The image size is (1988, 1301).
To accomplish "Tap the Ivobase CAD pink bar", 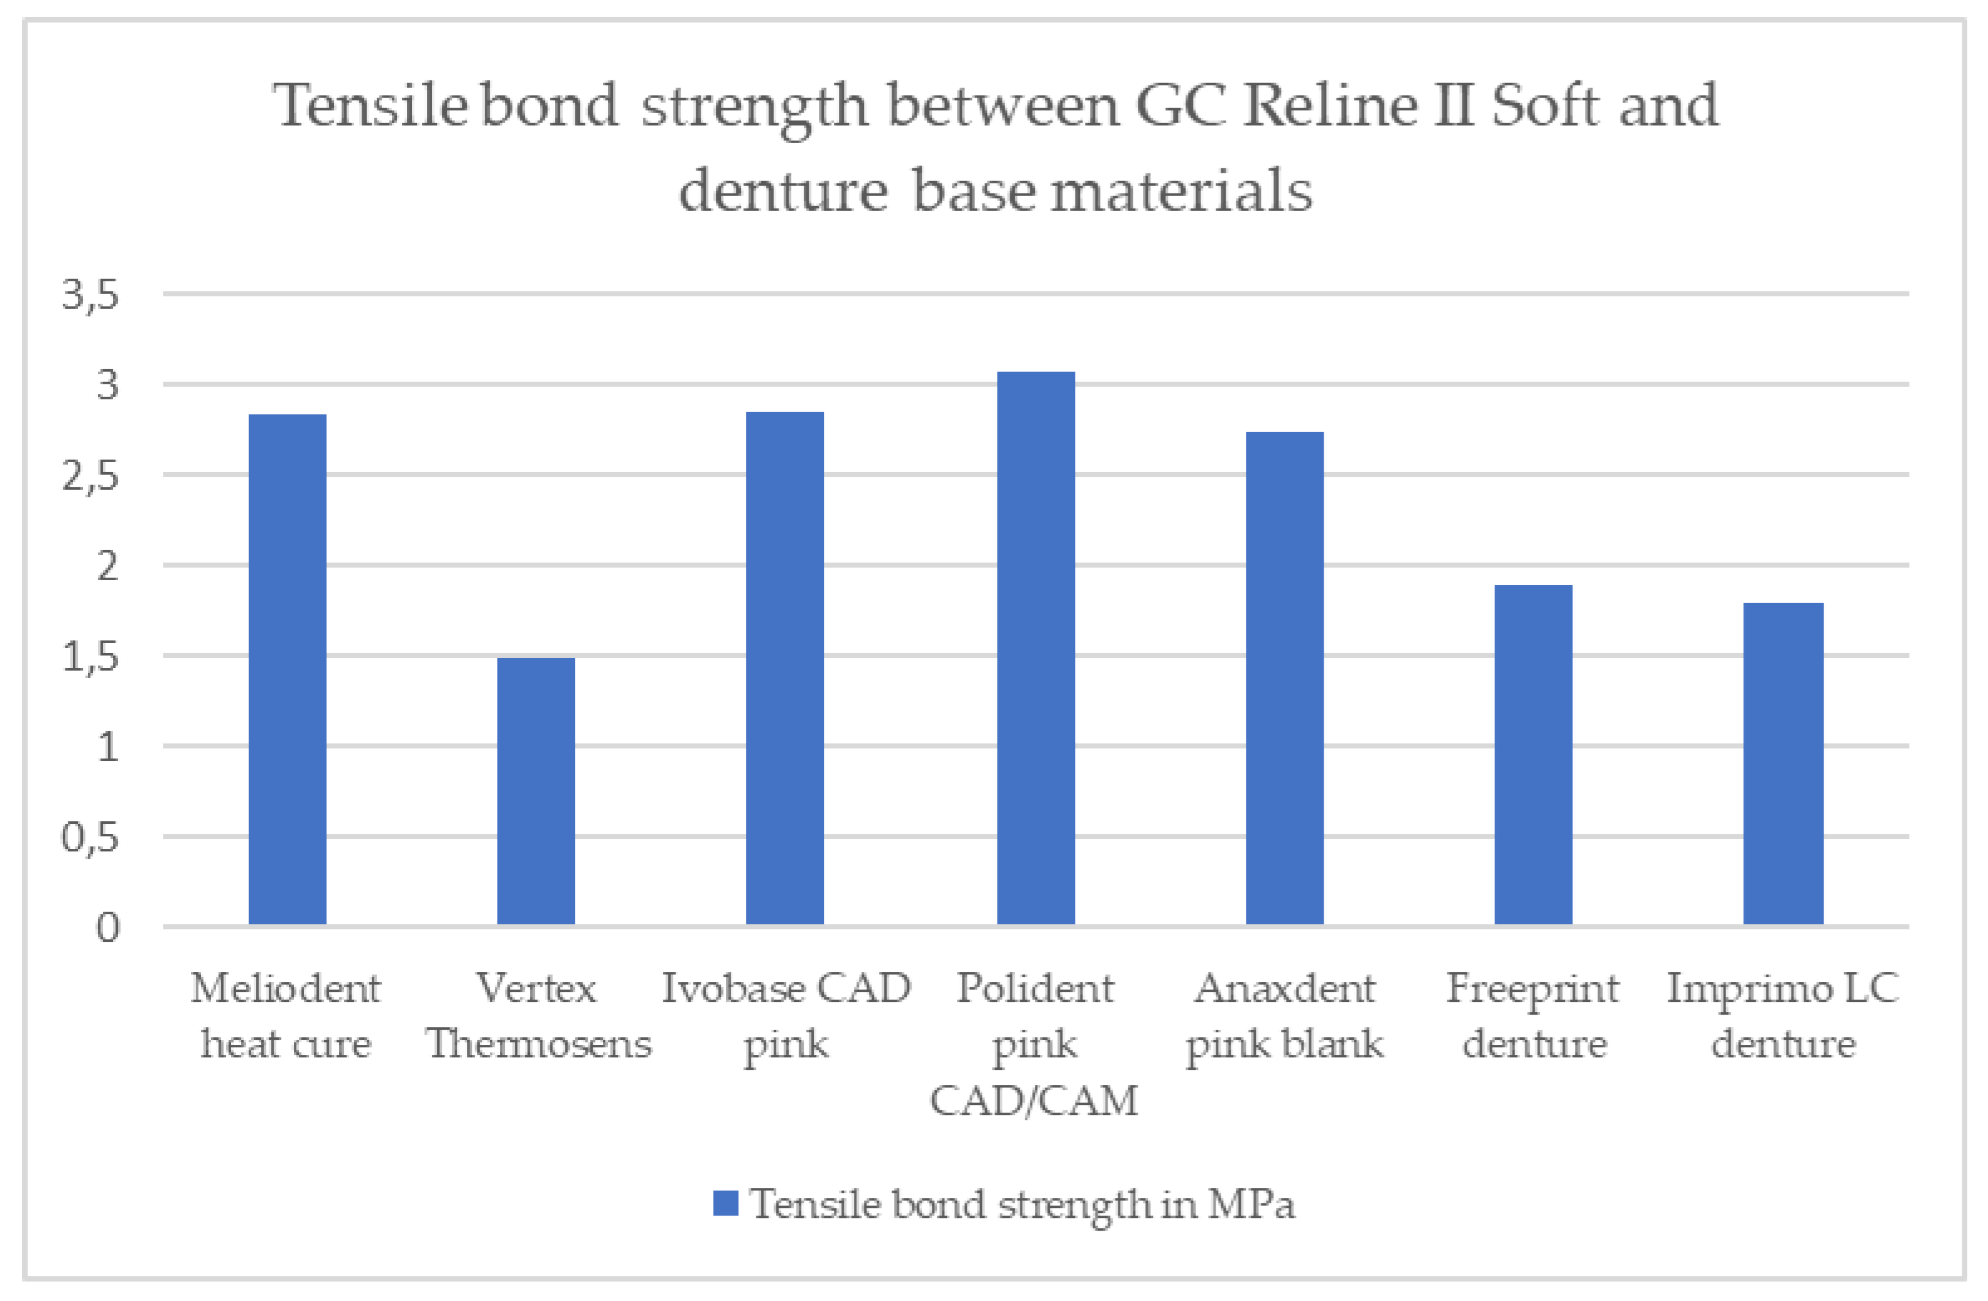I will [x=784, y=668].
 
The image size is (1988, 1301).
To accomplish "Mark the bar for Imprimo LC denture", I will [x=1783, y=764].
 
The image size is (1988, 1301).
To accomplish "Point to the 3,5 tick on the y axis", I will [x=90, y=294].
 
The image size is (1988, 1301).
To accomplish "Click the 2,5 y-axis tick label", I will [x=90, y=476].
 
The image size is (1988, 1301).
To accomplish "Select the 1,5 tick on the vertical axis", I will [x=90, y=657].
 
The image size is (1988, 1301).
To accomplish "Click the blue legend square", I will [x=725, y=1203].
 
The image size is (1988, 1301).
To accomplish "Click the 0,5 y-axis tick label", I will [x=90, y=838].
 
